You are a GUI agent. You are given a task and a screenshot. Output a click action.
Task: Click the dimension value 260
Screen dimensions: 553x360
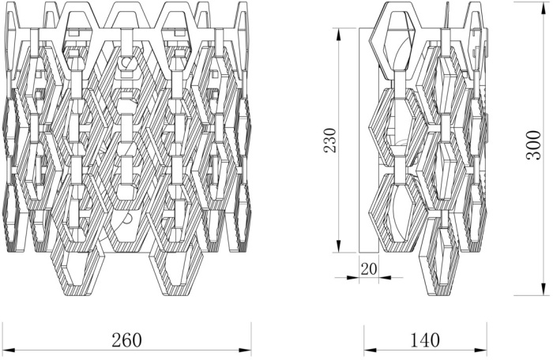tap(126, 339)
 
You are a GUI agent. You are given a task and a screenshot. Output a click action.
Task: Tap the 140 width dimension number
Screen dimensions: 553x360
tap(425, 339)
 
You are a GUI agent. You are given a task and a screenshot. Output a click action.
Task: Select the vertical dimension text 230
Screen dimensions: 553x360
tap(330, 140)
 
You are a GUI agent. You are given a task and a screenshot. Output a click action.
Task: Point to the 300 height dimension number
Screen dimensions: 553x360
tap(533, 145)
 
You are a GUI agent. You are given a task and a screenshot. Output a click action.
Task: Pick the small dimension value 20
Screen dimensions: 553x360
tap(369, 268)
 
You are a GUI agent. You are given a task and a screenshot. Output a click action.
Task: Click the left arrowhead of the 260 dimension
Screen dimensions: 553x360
tap(9, 350)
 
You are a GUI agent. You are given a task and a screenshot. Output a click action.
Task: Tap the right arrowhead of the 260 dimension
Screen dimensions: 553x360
tap(245, 350)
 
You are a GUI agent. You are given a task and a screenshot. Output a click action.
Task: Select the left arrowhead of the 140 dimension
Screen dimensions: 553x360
tap(370, 350)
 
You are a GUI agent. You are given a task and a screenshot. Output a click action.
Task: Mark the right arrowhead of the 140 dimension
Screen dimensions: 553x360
tap(480, 350)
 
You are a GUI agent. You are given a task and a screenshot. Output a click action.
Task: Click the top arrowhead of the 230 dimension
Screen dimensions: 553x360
tap(339, 35)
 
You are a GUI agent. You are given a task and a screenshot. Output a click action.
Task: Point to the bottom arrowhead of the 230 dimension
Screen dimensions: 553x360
tap(339, 246)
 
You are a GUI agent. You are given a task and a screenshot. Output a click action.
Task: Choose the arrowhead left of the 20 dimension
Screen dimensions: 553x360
tap(352, 277)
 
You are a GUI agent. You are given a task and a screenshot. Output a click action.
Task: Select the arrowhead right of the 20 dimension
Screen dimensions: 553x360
tap(386, 277)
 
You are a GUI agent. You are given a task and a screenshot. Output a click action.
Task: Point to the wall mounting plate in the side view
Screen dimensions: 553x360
tap(369, 140)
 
